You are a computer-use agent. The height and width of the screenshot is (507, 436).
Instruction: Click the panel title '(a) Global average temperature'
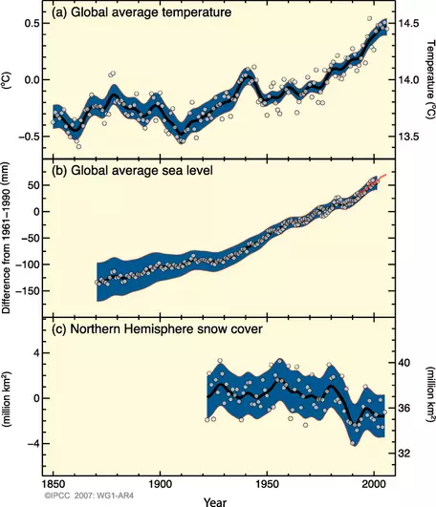[x=129, y=12]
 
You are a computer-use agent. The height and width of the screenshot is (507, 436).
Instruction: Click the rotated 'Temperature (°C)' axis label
[x=429, y=79]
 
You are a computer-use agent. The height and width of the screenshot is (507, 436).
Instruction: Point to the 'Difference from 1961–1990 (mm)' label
[x=8, y=238]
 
